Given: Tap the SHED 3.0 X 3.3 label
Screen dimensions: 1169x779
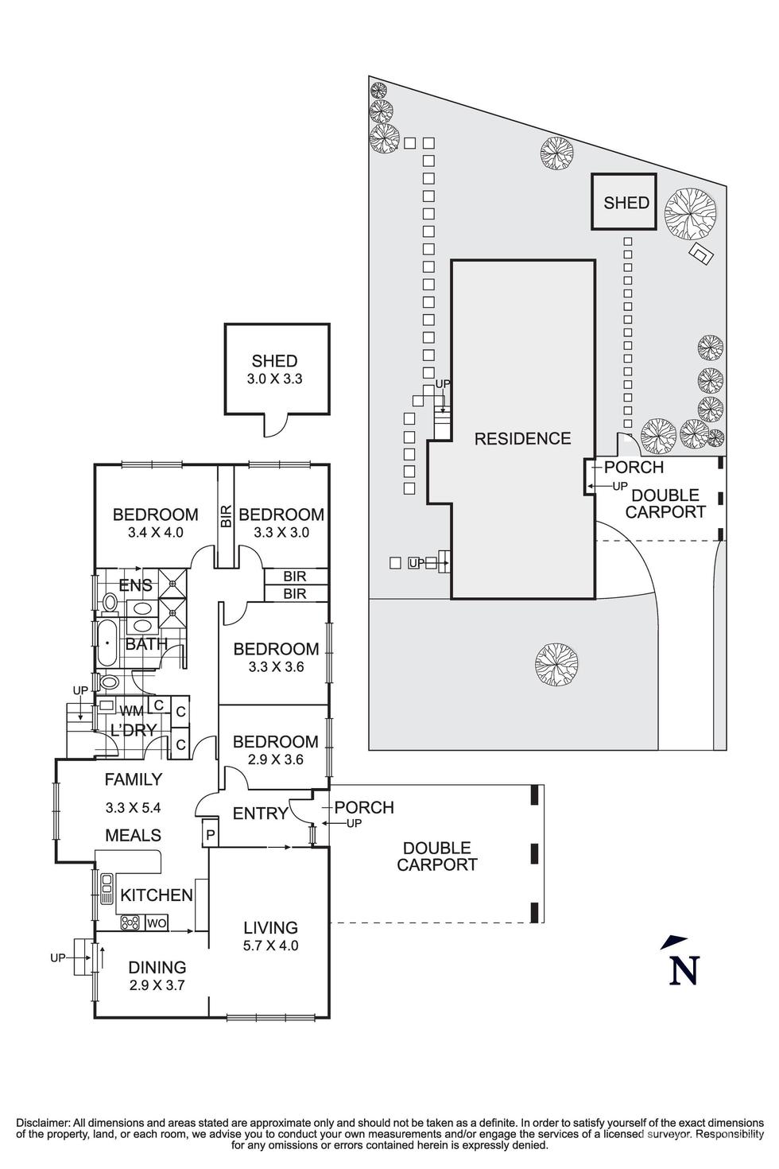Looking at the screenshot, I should (x=274, y=370).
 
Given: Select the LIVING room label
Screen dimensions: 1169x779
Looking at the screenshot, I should (x=270, y=927).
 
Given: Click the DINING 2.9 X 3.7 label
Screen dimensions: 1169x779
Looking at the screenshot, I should (x=157, y=976).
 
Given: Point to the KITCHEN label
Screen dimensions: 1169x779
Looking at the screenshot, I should (x=157, y=895).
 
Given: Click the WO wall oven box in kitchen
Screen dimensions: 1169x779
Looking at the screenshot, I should (x=157, y=923).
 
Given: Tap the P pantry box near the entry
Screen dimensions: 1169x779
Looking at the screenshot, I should (x=210, y=835).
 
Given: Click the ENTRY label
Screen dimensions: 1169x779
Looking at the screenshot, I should (x=260, y=814).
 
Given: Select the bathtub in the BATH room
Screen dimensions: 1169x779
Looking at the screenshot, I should (x=107, y=643).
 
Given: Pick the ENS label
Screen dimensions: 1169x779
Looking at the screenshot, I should (x=135, y=586).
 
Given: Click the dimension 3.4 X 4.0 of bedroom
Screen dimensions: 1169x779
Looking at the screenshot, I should (x=155, y=533).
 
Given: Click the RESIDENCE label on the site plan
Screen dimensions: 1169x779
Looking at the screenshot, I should (x=522, y=438).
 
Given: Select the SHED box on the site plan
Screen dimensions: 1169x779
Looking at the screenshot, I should (x=626, y=203).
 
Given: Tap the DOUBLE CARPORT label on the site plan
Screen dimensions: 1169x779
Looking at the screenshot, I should (x=665, y=503).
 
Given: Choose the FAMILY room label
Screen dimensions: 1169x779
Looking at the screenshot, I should (x=134, y=779).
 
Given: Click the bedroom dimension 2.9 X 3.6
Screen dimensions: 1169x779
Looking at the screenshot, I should (x=276, y=759).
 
